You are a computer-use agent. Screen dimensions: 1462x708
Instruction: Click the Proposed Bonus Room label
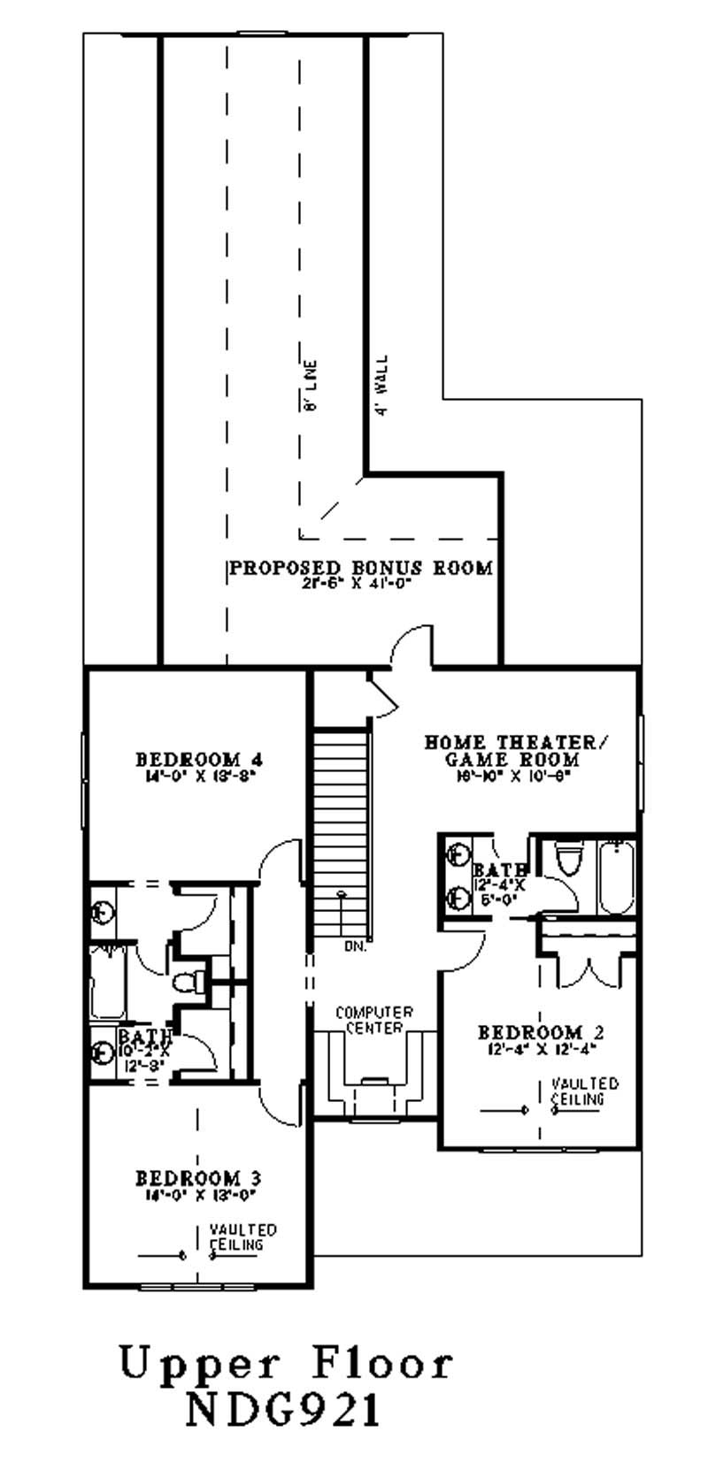pyautogui.click(x=360, y=568)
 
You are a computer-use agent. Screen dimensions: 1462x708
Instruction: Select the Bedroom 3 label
pyautogui.click(x=198, y=1179)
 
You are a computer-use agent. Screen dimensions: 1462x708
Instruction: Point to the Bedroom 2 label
pyautogui.click(x=541, y=1033)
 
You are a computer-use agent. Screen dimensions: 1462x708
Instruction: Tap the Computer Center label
pyautogui.click(x=373, y=1020)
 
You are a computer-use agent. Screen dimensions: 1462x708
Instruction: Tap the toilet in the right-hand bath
pyautogui.click(x=568, y=860)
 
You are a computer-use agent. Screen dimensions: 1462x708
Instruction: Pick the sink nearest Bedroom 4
pyautogui.click(x=102, y=910)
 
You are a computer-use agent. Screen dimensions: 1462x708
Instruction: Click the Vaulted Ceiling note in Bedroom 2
pyautogui.click(x=583, y=1091)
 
